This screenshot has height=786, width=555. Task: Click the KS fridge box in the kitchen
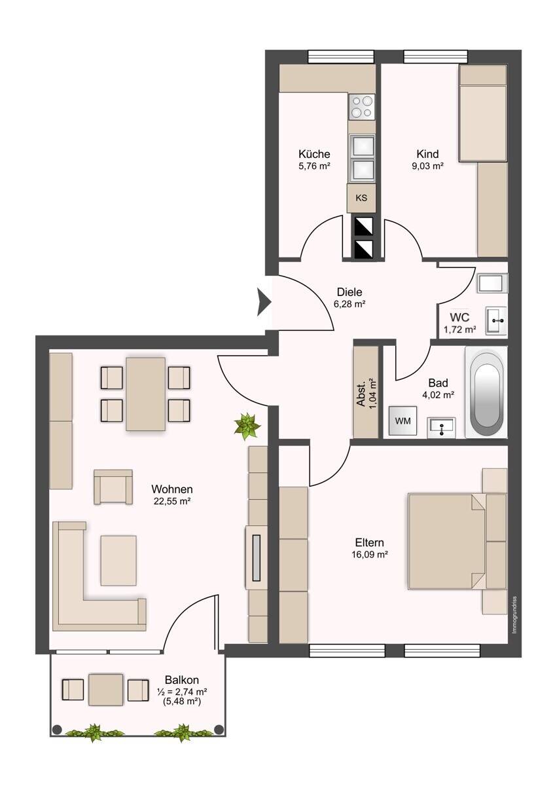[361, 198]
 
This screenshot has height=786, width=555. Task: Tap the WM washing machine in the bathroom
[403, 421]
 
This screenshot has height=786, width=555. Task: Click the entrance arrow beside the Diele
[264, 302]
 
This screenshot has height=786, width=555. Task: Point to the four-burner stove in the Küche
[362, 107]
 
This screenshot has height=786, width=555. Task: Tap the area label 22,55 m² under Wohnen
[171, 502]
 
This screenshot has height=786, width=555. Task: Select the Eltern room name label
[370, 543]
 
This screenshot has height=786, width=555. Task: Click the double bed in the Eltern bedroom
[447, 542]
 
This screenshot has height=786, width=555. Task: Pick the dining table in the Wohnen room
[145, 394]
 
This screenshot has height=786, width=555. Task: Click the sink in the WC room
[495, 320]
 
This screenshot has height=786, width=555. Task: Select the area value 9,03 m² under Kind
[428, 166]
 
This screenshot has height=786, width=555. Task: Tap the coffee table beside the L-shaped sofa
[118, 561]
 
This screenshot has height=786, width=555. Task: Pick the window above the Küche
[341, 56]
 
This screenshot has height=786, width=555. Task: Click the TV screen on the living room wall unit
[257, 557]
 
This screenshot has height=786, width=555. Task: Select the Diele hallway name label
[349, 292]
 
